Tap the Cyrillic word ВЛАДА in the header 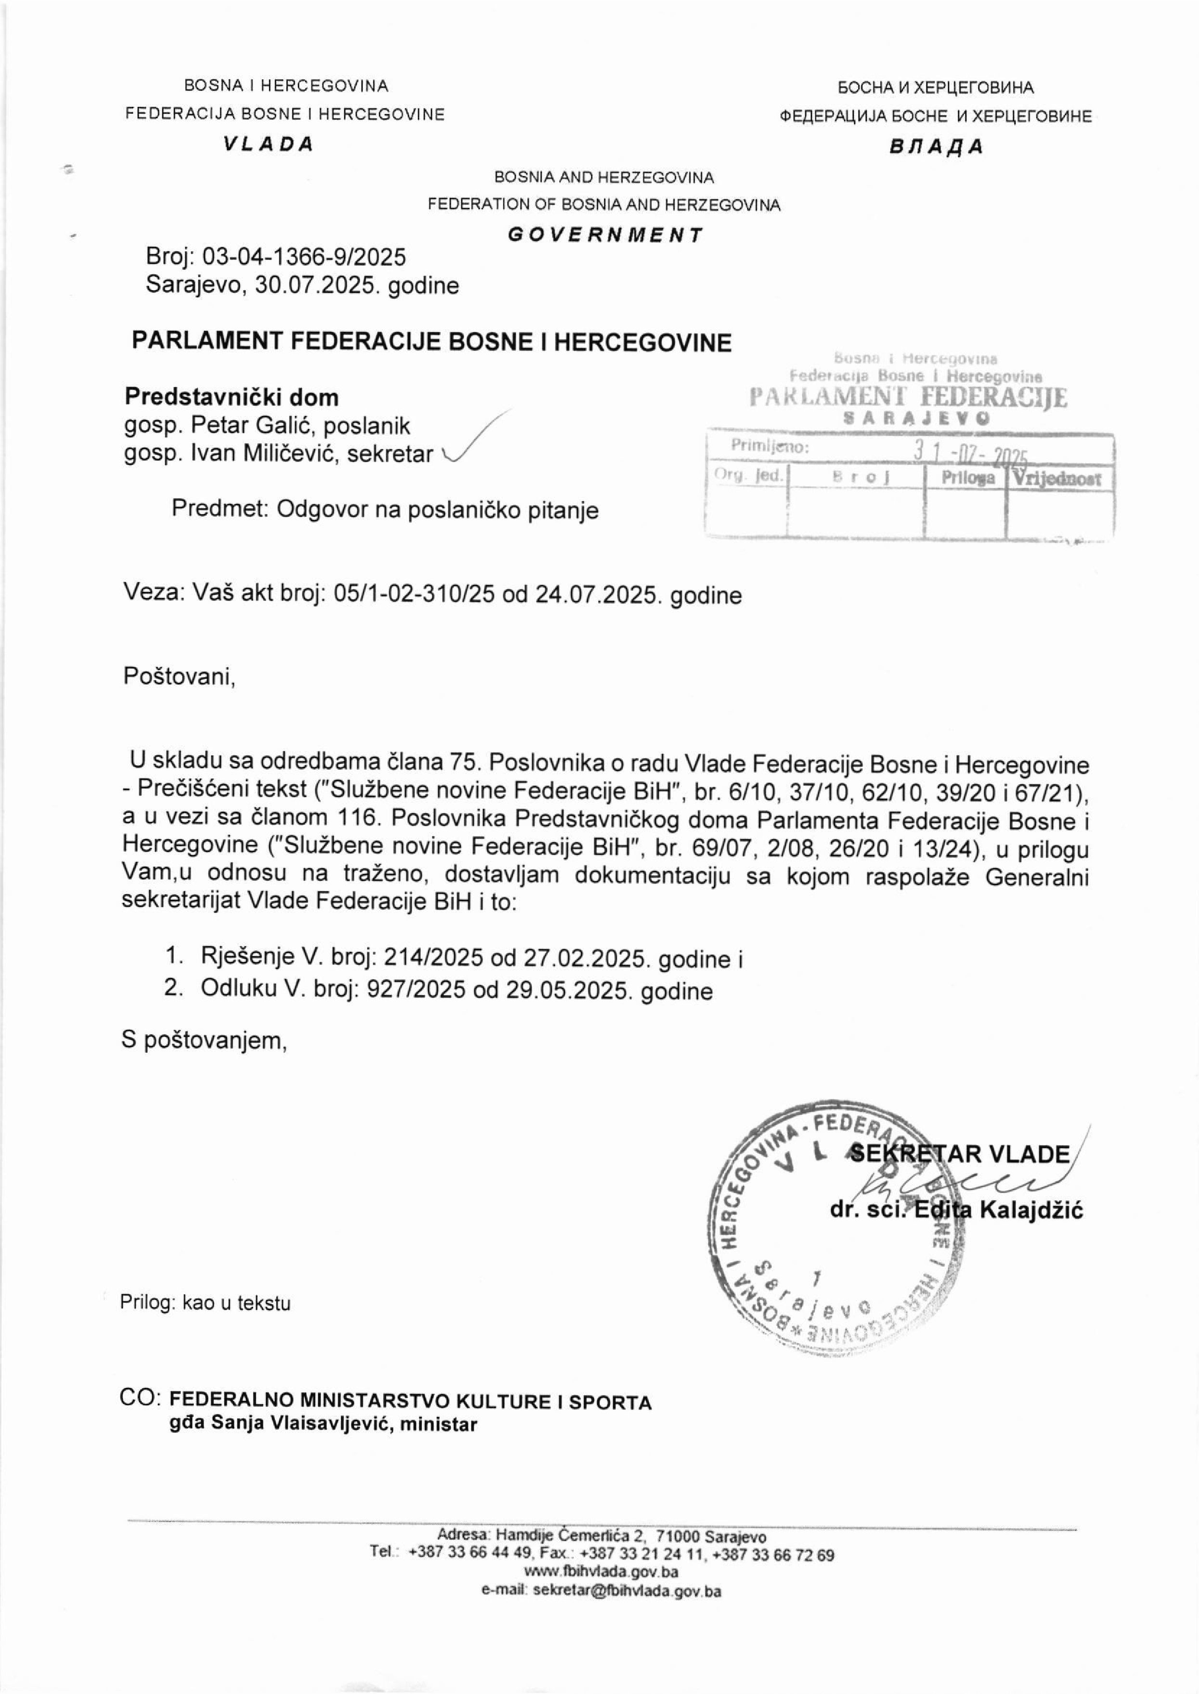coord(936,147)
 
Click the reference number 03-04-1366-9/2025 coord(304,257)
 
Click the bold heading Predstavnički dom coord(231,397)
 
